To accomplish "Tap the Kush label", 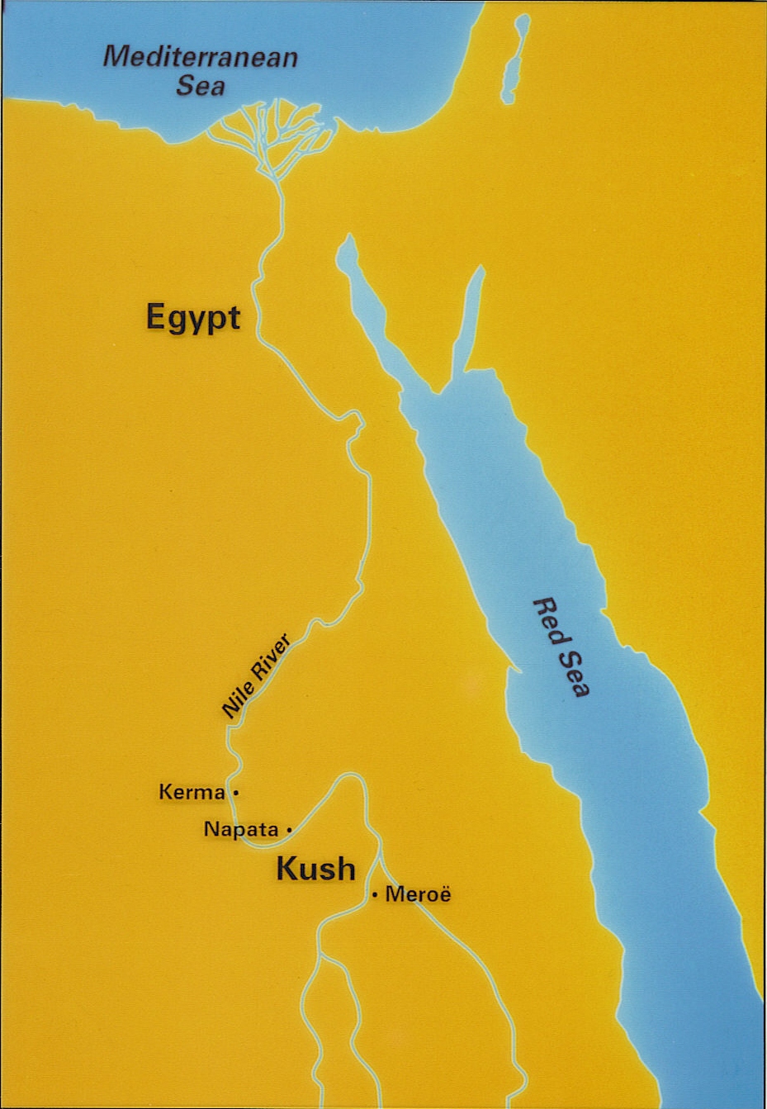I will coord(315,869).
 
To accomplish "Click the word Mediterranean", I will coord(201,58).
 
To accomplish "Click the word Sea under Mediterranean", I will coord(201,86).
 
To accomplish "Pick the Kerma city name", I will coord(192,793).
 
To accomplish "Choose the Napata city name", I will coord(241,829).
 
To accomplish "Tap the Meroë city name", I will coord(418,894).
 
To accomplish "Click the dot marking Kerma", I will coord(236,793).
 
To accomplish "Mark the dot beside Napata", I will coord(288,828).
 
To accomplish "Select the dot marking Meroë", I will coord(375,894).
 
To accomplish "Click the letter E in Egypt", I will coord(155,316).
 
